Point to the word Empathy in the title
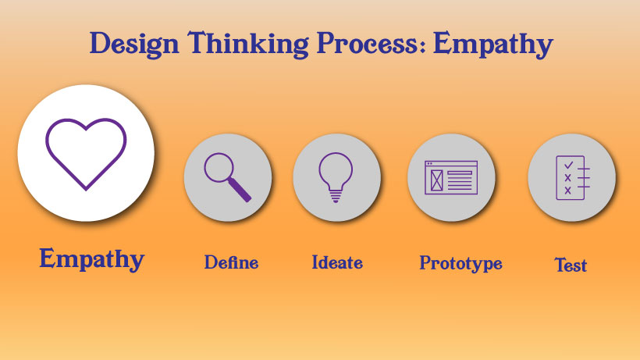pyautogui.click(x=493, y=45)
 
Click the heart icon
pyautogui.click(x=86, y=152)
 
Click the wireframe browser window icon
pyautogui.click(x=451, y=177)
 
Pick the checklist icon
pyautogui.click(x=571, y=177)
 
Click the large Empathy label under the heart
pyautogui.click(x=91, y=259)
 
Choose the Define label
pyautogui.click(x=231, y=262)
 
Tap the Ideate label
pyautogui.click(x=337, y=262)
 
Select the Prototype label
pyautogui.click(x=460, y=263)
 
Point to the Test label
pyautogui.click(x=571, y=265)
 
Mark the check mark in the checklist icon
pyautogui.click(x=568, y=165)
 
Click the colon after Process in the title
pyautogui.click(x=425, y=46)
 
